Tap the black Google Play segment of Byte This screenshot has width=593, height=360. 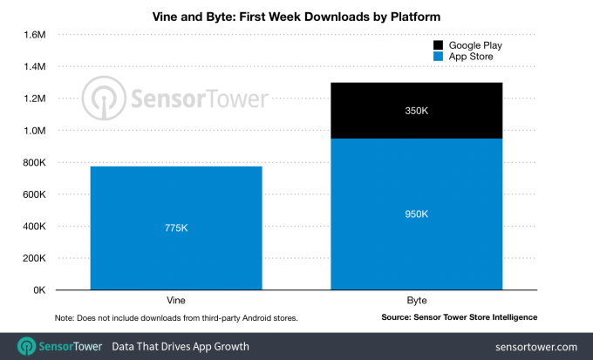coord(416,111)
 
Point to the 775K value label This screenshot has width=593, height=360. coord(176,228)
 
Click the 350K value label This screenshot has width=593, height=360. coord(416,111)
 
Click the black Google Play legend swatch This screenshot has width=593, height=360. coord(438,44)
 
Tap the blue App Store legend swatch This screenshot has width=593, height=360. coord(438,58)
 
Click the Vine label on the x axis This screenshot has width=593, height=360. coord(176,298)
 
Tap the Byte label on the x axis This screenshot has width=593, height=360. coord(416,298)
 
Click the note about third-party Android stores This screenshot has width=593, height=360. coord(176,317)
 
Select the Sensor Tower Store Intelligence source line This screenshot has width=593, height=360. coord(459,317)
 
